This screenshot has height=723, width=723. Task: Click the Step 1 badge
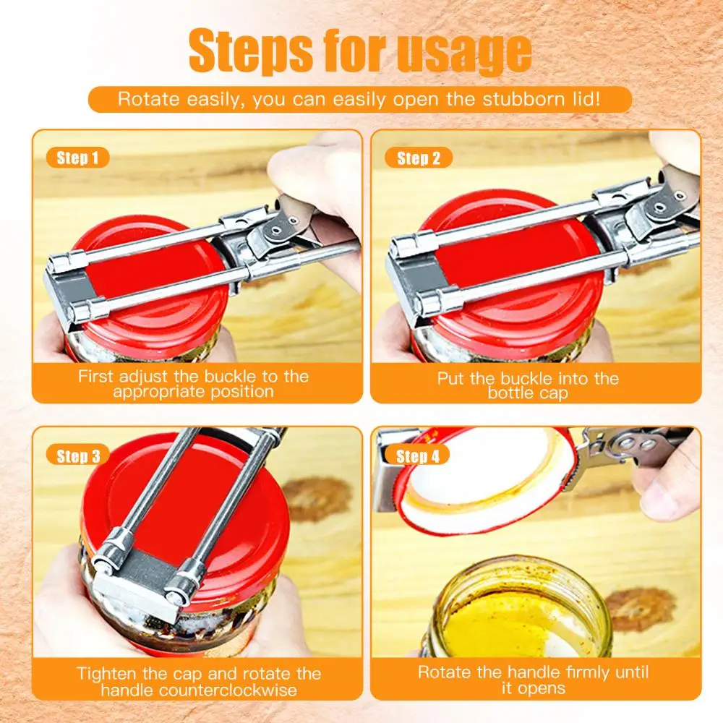(77, 158)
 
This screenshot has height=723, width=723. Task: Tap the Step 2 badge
(418, 158)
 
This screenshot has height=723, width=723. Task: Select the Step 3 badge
(77, 455)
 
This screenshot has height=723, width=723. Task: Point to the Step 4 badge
(418, 455)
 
